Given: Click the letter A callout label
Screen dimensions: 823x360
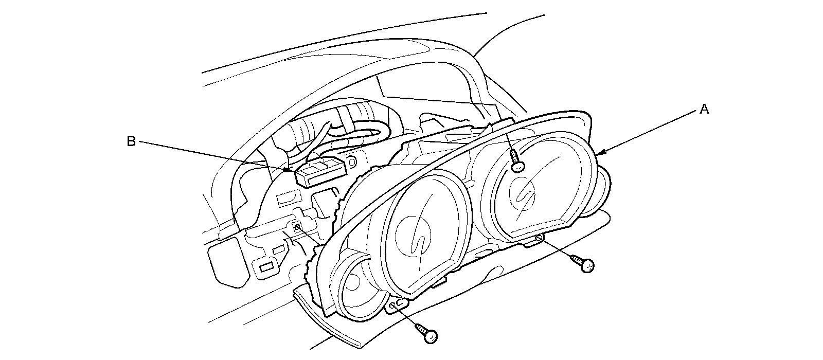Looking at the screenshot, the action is tap(704, 109).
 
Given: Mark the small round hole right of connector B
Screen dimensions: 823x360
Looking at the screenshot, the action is tap(352, 163).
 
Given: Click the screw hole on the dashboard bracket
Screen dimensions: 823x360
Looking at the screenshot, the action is tap(297, 227).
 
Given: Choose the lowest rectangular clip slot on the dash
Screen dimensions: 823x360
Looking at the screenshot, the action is tap(266, 266).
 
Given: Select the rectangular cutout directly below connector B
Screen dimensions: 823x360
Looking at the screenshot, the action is tap(286, 197).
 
